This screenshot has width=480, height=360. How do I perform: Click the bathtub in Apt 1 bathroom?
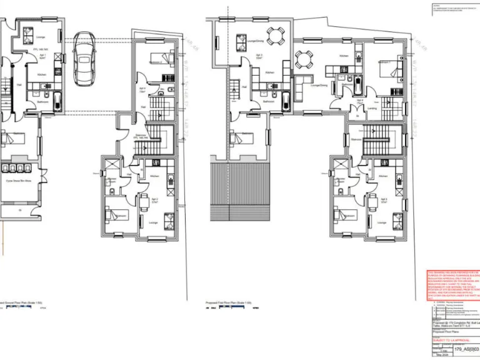[x=57, y=100]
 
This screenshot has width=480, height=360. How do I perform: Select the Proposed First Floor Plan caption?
[x=228, y=302]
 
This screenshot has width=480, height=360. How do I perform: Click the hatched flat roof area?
[x=241, y=193]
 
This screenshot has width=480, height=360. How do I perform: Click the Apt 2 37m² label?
[x=154, y=201]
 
